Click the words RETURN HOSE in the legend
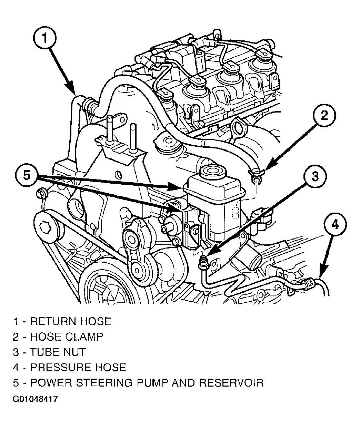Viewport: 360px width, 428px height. (71, 321)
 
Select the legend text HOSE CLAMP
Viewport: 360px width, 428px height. (67, 337)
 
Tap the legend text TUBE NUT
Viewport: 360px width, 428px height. (58, 352)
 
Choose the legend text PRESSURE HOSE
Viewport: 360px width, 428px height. (78, 367)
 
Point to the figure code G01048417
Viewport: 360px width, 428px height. (35, 399)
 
